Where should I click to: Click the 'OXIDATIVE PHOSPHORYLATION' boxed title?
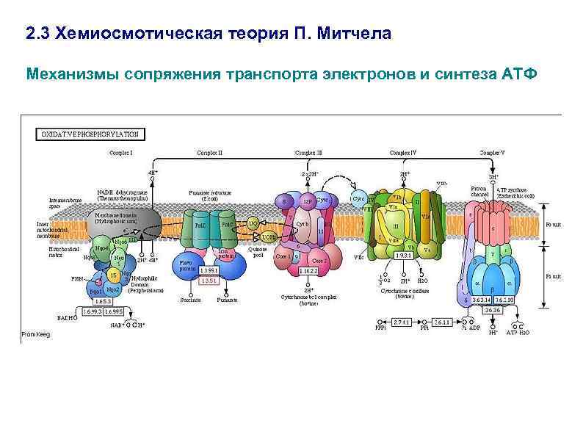point(90,134)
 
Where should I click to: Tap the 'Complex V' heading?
point(492,153)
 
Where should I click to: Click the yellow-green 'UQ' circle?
point(253,223)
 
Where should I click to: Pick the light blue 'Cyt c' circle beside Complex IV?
point(359,198)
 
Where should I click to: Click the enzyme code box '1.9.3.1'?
point(402,255)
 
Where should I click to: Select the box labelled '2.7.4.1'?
point(402,322)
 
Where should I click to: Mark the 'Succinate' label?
point(191,300)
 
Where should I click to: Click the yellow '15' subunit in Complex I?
point(112,275)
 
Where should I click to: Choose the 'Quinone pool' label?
point(258,252)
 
